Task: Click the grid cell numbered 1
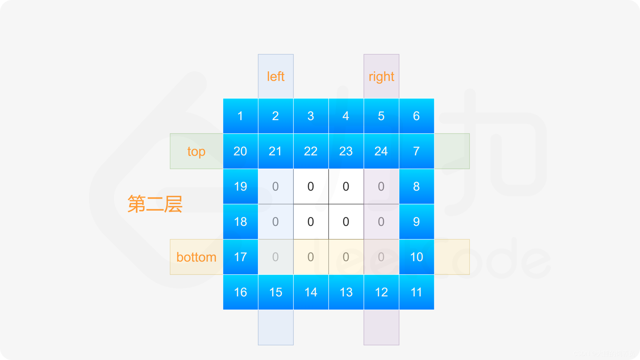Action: click(240, 116)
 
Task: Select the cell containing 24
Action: click(381, 151)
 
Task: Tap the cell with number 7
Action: click(416, 151)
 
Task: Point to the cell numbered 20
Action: click(240, 151)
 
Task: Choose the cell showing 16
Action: click(240, 292)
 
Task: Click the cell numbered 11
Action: click(416, 292)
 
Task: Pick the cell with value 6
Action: click(416, 116)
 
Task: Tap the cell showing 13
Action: click(346, 292)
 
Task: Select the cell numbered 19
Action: click(240, 186)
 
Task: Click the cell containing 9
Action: click(416, 221)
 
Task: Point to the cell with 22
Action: click(311, 151)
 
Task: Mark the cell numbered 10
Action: click(416, 257)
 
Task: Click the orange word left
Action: click(276, 76)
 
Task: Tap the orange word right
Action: click(381, 77)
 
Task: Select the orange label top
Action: click(196, 151)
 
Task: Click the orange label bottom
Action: click(196, 257)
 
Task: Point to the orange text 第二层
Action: click(155, 204)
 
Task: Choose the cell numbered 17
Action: click(240, 257)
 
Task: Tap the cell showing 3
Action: click(311, 116)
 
